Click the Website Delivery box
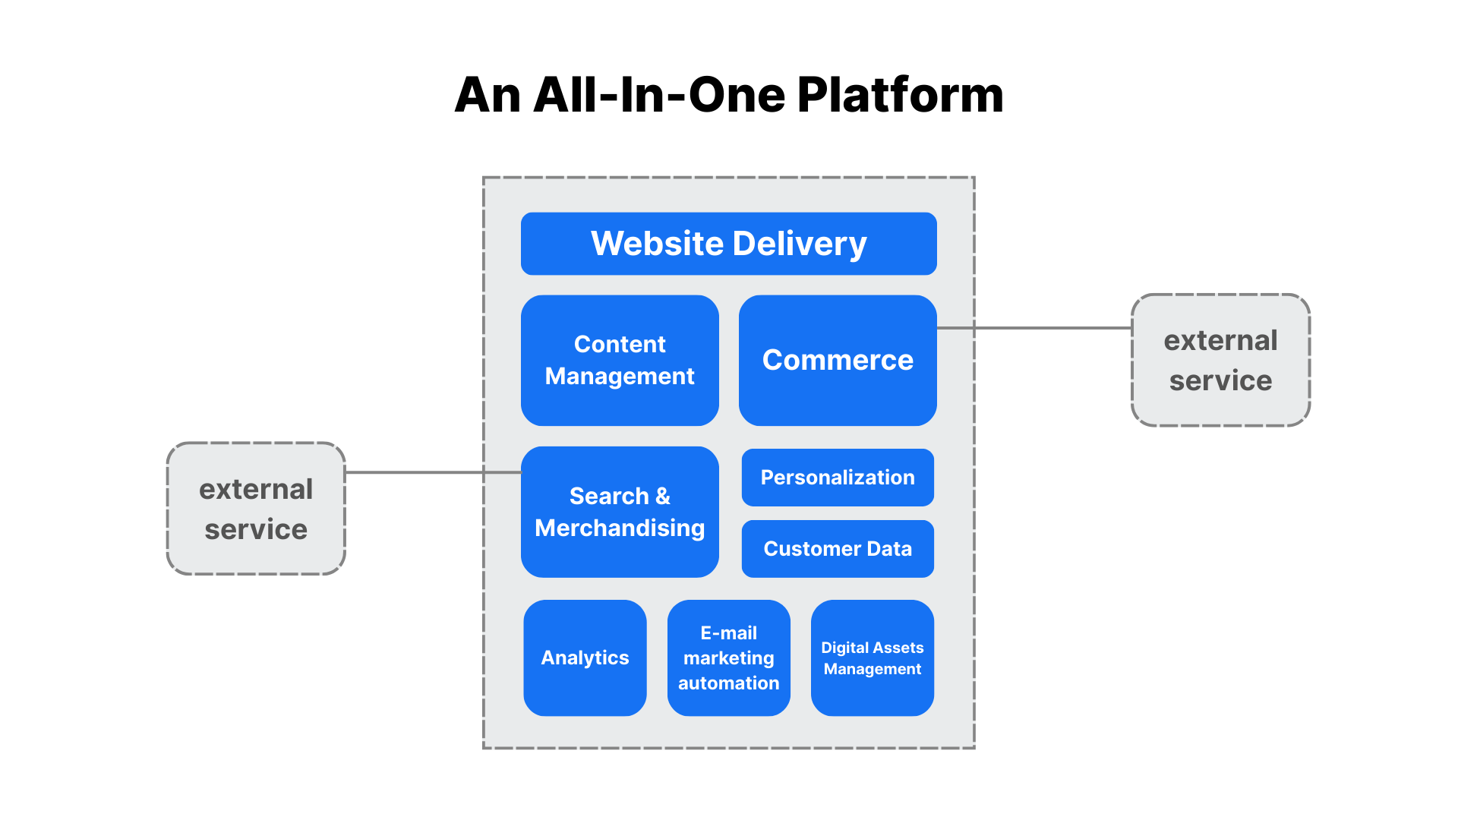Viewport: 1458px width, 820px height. pos(728,244)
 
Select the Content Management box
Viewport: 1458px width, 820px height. pos(620,360)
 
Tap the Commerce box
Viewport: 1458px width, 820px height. pos(838,360)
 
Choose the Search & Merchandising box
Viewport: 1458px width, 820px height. pos(620,512)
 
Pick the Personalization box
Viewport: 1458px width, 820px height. pos(838,478)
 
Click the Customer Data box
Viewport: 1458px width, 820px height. pos(838,549)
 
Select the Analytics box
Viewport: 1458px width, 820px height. pos(585,658)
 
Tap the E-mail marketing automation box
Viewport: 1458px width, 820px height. pos(728,658)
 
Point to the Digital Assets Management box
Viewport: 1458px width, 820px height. pos(873,658)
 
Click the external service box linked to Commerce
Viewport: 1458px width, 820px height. pos(1220,360)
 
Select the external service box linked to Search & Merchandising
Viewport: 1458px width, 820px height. pos(256,509)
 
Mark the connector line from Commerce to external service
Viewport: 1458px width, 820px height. pos(1048,328)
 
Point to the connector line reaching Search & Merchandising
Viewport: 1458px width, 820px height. pos(425,472)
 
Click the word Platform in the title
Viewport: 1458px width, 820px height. pos(900,96)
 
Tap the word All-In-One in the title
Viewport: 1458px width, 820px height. pos(660,96)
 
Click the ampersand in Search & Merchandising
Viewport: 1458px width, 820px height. pos(663,496)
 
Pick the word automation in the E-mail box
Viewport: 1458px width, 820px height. pos(728,683)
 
